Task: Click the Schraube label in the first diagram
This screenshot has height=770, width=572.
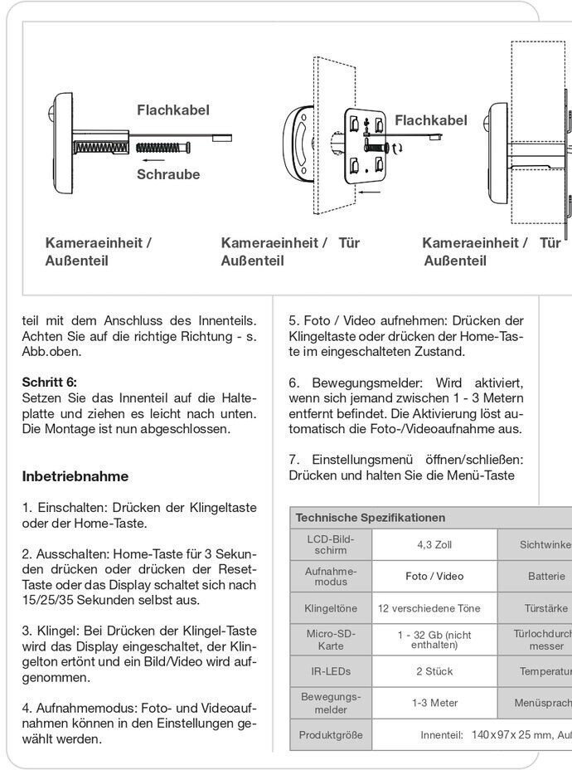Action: [168, 174]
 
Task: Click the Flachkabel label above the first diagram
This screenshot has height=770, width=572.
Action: [173, 110]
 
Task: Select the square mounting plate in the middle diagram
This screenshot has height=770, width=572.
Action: [366, 144]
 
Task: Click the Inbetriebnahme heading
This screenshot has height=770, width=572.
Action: [75, 476]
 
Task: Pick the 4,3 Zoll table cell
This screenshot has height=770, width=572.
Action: [434, 545]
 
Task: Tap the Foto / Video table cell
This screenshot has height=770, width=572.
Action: [434, 576]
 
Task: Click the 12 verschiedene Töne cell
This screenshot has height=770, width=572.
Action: [429, 608]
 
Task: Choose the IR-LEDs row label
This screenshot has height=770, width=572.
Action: [331, 670]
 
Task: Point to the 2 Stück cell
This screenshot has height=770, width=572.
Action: [434, 670]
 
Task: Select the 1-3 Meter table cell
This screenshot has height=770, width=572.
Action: [434, 703]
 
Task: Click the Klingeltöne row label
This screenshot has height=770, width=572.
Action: [331, 608]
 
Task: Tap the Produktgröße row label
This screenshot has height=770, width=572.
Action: [331, 734]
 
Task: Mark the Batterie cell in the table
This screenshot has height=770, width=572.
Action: [546, 576]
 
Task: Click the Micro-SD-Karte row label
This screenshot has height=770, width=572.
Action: [331, 640]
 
